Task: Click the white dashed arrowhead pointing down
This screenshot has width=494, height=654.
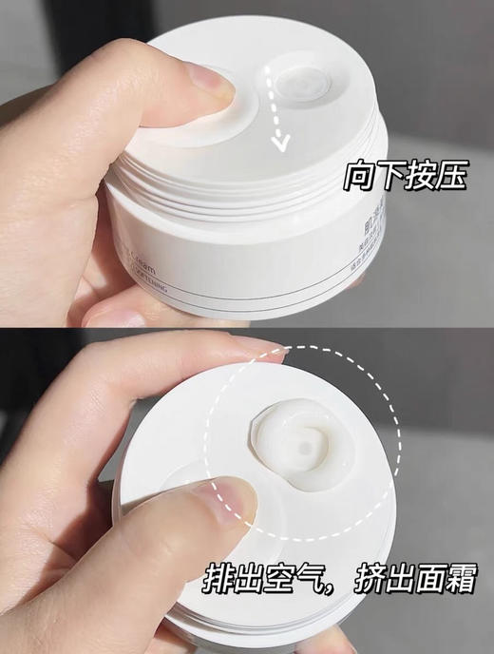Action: (280, 144)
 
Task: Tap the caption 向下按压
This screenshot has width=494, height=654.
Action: (407, 177)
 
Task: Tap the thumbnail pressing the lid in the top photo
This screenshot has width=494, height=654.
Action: (211, 84)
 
